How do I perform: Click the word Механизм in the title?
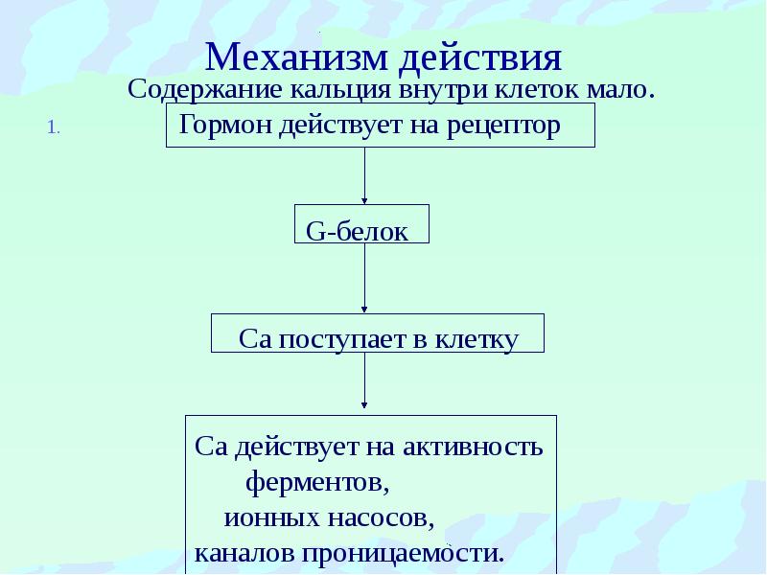point(296,57)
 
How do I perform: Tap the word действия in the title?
point(480,58)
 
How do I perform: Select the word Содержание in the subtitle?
point(205,90)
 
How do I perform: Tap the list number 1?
point(54,128)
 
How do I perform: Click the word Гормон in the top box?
point(226,125)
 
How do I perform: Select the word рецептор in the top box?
point(503,126)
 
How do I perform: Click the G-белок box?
point(361,224)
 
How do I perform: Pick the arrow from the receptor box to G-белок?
point(364,175)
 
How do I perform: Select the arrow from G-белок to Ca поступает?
point(364,278)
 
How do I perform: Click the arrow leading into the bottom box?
point(364,379)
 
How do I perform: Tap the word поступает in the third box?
point(342,339)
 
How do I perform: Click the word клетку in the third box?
point(476,339)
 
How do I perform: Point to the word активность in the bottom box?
point(473,447)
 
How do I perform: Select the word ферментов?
point(317,482)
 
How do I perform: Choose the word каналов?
point(244,554)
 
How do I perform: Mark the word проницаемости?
point(402,554)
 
